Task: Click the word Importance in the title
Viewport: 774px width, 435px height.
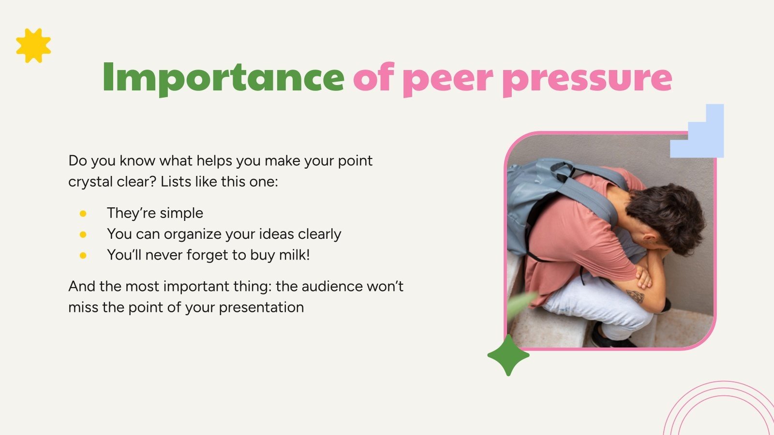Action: (x=223, y=77)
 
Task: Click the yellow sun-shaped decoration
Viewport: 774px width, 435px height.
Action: (x=33, y=45)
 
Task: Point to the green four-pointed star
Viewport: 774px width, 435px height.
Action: (x=508, y=355)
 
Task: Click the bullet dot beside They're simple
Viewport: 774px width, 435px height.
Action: (x=83, y=213)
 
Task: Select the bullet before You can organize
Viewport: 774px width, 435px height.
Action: (x=83, y=234)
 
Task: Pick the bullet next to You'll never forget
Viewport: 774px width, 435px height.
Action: (x=83, y=255)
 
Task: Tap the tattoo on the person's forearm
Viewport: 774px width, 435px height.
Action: (x=635, y=296)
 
